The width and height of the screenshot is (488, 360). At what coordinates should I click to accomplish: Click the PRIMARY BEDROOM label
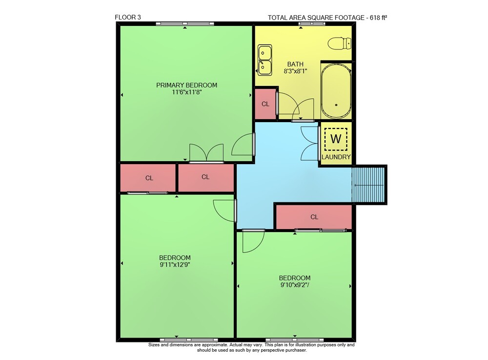coord(186,85)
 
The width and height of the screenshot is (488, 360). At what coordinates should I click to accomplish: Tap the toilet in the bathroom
coord(340,43)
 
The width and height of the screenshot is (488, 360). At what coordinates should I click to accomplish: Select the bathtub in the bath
coord(336,91)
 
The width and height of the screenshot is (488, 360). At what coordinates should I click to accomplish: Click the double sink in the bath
coord(265,60)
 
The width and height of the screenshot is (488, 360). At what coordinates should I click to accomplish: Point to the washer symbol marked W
coord(336,139)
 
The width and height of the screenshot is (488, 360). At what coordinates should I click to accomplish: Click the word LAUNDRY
coord(336,157)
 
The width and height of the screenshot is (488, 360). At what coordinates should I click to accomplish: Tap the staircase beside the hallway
coord(369,185)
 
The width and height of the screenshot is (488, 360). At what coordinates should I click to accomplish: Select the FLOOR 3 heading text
coord(128,18)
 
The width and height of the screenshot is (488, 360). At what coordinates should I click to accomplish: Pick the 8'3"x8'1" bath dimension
coord(295,71)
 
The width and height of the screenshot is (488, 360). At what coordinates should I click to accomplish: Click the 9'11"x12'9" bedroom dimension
coord(175,265)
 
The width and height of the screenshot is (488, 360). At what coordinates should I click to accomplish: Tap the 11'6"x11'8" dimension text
coord(187,92)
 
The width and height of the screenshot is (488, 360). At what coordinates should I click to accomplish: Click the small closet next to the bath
coord(265,104)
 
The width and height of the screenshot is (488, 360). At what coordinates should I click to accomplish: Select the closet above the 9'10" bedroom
coord(314,217)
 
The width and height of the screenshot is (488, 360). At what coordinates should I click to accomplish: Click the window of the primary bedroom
coord(185,23)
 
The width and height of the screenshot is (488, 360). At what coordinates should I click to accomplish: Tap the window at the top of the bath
coord(312,23)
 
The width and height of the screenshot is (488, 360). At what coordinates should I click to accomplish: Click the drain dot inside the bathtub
coord(336,105)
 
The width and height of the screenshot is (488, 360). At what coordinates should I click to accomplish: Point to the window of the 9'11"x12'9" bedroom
coord(189,340)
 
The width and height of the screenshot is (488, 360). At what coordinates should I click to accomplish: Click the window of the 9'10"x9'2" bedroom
coord(295,340)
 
